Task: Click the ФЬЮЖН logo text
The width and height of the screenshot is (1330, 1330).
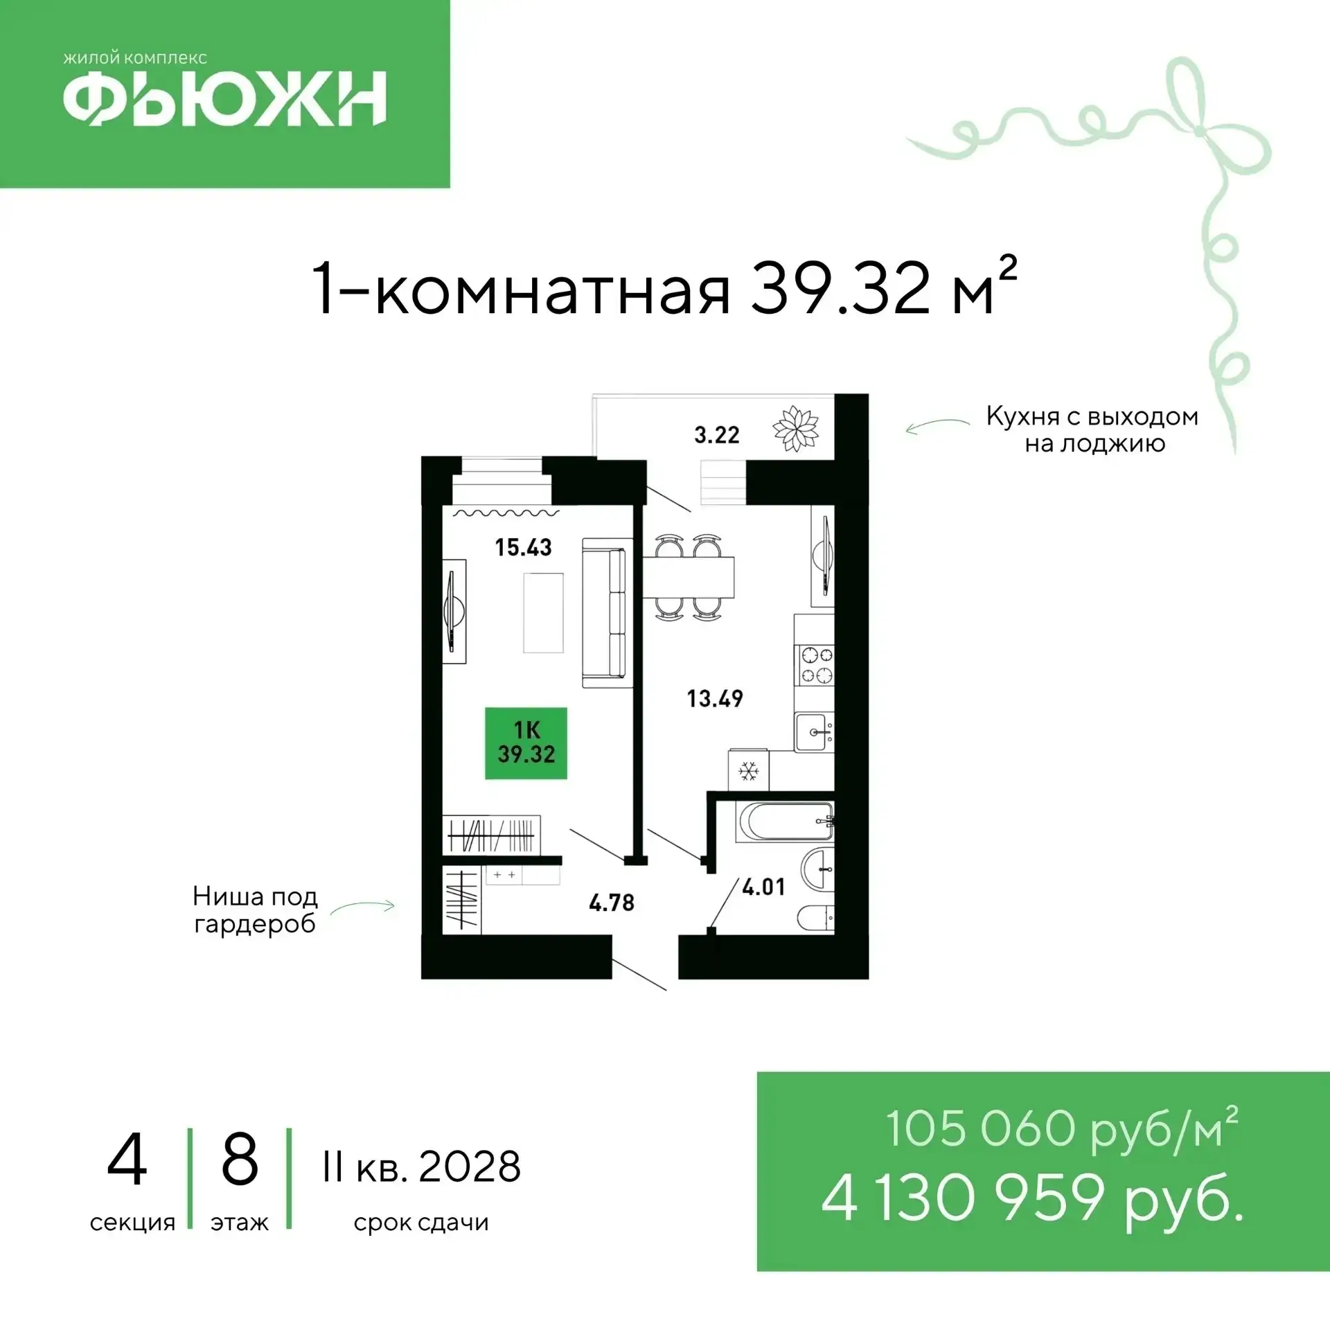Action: click(225, 98)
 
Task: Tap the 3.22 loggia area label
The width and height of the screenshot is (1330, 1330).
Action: click(717, 435)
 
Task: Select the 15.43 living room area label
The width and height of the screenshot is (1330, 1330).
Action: click(523, 547)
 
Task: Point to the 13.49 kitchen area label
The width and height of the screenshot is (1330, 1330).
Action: click(715, 698)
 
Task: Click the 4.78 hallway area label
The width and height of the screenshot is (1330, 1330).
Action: click(612, 903)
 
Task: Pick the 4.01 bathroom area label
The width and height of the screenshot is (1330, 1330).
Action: click(764, 887)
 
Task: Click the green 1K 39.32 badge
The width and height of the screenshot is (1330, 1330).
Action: click(526, 743)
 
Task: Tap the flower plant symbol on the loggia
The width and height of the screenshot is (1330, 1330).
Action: click(796, 428)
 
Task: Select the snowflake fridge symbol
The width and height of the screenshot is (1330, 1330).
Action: click(748, 770)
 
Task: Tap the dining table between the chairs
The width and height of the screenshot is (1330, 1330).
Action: click(689, 577)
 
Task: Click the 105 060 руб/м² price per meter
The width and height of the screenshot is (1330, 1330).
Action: click(1062, 1129)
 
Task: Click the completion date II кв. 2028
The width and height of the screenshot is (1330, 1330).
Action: click(421, 1167)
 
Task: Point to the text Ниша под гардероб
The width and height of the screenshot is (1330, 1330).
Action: click(255, 910)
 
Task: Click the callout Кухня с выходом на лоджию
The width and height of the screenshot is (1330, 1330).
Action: click(1092, 429)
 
